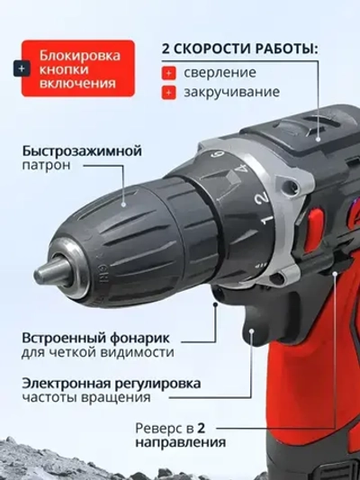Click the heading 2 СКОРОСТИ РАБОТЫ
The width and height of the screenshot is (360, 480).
[x=238, y=50]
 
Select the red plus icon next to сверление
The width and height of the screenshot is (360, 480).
[x=168, y=72]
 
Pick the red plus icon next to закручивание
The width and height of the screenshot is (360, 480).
[x=168, y=92]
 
